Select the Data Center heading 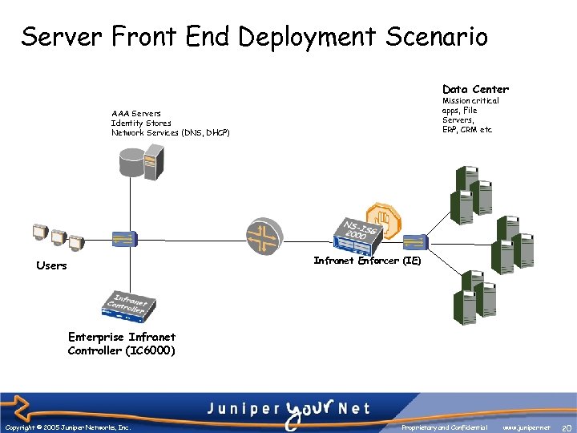(475, 89)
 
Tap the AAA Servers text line (136, 114)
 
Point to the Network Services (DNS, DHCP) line (171, 132)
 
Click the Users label (52, 265)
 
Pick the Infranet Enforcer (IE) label (367, 261)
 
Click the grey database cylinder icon (131, 164)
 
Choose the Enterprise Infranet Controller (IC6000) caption (122, 344)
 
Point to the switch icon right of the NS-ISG (415, 240)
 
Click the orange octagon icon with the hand (382, 216)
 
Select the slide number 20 (566, 428)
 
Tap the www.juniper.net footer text (527, 428)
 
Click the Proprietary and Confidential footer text (446, 428)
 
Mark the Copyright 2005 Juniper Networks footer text (67, 428)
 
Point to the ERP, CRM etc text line (468, 129)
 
